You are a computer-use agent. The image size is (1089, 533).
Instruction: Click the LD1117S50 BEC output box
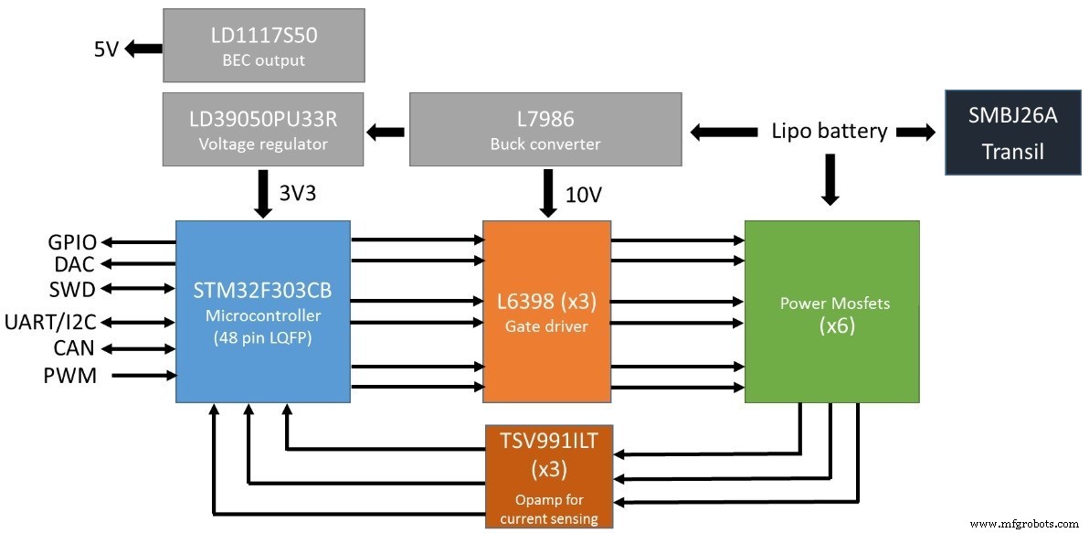(263, 45)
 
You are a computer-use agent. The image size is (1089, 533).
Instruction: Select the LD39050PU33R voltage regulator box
(263, 129)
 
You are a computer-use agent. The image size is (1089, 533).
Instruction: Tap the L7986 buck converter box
(544, 129)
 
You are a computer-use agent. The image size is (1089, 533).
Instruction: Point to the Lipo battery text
(829, 131)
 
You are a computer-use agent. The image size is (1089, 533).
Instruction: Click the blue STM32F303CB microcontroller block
(263, 311)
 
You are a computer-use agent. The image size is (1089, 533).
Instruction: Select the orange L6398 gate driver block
(546, 311)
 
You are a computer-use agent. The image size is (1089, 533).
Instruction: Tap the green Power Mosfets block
(831, 311)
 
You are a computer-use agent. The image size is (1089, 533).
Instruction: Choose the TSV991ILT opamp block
(549, 475)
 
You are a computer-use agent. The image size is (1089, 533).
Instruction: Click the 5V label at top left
(106, 49)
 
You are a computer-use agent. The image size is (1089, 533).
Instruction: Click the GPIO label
(72, 243)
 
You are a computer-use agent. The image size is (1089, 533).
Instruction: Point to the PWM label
(69, 375)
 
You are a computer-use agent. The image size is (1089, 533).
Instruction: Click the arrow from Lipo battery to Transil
(916, 133)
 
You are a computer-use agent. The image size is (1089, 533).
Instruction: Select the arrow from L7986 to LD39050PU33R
(386, 133)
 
